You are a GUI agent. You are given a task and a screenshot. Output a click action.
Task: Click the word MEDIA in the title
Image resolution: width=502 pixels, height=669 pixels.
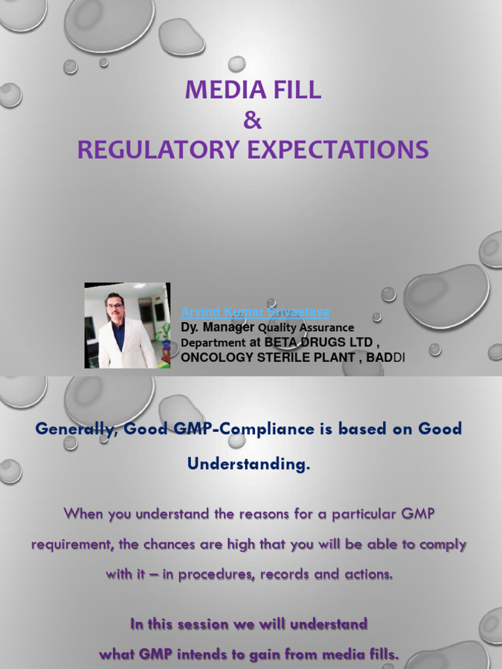[219, 90]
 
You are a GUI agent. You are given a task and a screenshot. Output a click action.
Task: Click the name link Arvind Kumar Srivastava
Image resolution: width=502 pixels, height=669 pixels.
[255, 312]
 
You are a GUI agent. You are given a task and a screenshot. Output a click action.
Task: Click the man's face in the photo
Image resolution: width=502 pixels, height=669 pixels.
[115, 306]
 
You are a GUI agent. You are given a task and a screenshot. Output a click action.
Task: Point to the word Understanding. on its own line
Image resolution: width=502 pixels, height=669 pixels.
[248, 465]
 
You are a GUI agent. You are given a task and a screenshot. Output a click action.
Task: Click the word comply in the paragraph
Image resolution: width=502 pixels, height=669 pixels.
[444, 544]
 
